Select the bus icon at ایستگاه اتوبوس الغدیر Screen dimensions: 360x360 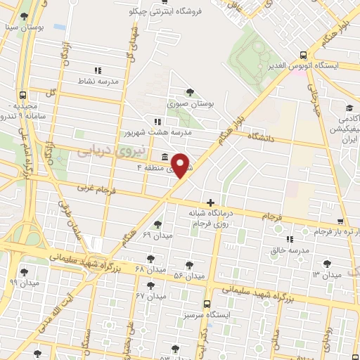coord(303,54)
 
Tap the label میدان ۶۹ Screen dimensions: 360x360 coord(157,235)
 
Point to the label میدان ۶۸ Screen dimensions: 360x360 coord(148,269)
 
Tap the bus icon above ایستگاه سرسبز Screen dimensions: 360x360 coord(205,304)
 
